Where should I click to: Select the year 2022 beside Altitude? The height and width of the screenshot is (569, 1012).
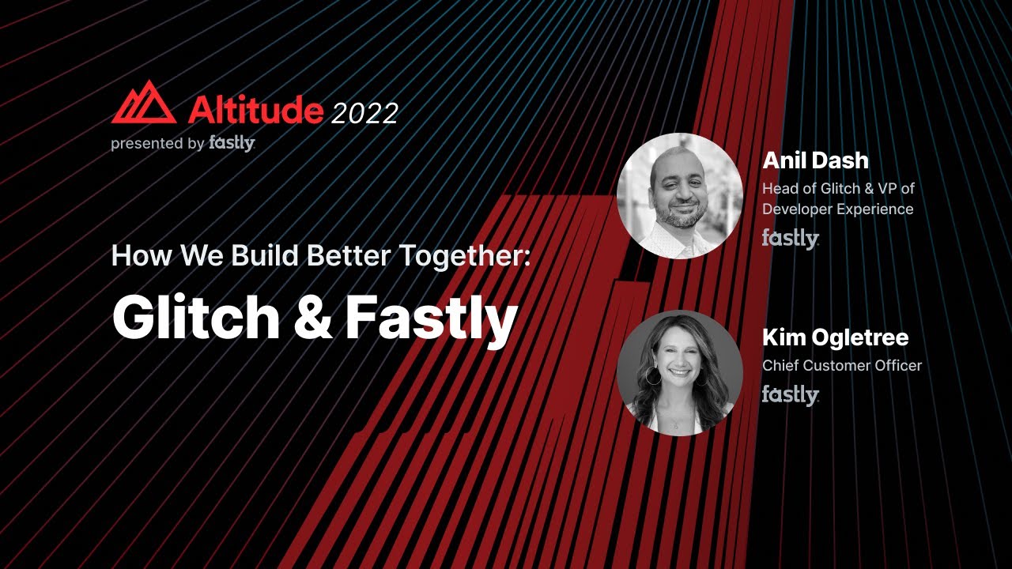(x=364, y=113)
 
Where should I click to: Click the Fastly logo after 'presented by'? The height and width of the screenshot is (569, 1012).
(x=232, y=143)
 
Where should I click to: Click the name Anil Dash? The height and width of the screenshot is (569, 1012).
(x=815, y=160)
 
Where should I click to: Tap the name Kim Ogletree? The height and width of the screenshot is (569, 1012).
(x=835, y=337)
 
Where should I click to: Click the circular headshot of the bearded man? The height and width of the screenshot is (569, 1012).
(x=679, y=196)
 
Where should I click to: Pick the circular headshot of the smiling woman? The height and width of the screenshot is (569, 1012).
(x=679, y=372)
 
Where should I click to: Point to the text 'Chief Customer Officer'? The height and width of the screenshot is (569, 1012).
(x=841, y=365)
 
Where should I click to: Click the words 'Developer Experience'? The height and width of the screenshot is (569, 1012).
(x=837, y=209)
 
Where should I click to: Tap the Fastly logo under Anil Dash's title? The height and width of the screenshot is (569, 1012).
(x=790, y=238)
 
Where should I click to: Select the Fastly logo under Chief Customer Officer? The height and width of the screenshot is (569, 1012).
(x=790, y=394)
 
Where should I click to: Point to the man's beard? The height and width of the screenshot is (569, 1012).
(x=681, y=215)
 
